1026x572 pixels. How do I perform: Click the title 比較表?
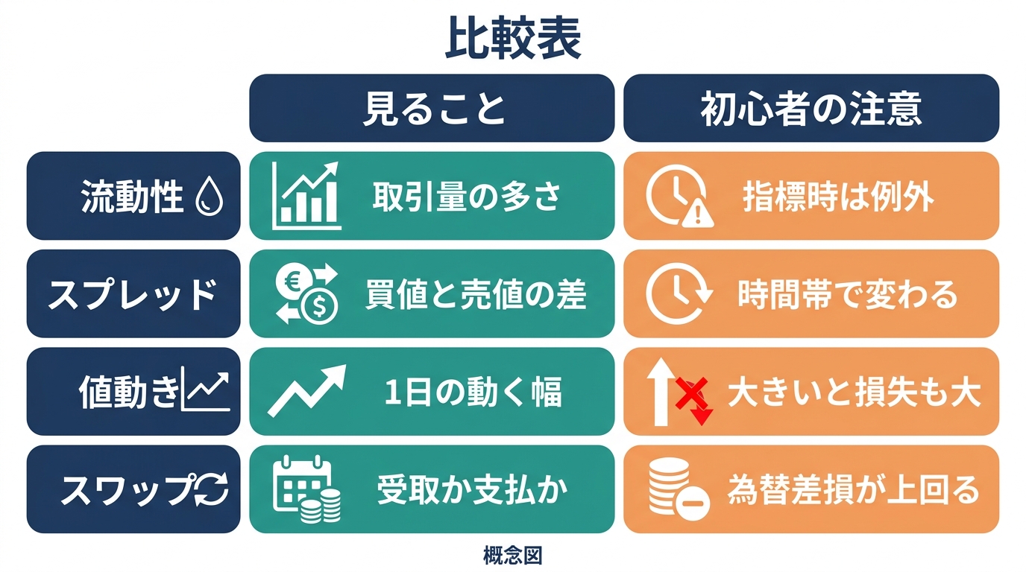[513, 38]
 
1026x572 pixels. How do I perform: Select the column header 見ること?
[433, 109]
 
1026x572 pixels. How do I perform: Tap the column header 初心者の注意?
[811, 109]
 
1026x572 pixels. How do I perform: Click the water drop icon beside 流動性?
[210, 197]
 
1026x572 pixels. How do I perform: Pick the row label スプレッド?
[133, 293]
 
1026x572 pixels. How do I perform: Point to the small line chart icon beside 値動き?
[205, 389]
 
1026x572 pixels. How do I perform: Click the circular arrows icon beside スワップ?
[212, 489]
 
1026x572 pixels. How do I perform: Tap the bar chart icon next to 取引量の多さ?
[306, 195]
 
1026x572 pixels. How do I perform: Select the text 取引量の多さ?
[466, 197]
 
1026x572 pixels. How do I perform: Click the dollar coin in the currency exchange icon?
[319, 307]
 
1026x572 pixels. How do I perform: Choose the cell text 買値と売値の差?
[476, 293]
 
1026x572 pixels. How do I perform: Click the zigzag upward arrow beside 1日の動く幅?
[307, 390]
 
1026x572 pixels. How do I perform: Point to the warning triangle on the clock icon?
[698, 214]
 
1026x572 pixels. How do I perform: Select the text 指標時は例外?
[838, 197]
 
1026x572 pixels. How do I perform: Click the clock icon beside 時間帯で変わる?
[679, 293]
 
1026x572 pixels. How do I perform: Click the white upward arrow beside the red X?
[661, 392]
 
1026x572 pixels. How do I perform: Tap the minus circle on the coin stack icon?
[692, 503]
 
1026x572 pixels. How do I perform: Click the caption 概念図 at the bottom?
[513, 556]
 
